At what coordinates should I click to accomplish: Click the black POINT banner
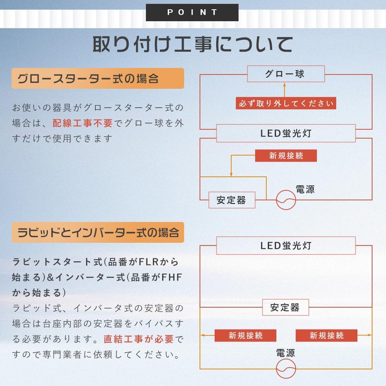tap(192, 12)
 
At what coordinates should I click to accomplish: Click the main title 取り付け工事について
tap(192, 44)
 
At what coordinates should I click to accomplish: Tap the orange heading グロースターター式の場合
tap(97, 78)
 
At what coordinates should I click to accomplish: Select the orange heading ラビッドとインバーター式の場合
tap(97, 232)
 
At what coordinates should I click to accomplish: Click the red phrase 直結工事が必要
tap(138, 339)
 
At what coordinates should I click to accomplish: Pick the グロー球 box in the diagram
tap(286, 74)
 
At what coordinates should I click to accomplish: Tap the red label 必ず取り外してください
tap(286, 103)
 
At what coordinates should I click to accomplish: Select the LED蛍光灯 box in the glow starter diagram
tap(286, 134)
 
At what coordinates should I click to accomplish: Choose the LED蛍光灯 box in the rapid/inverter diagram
tap(286, 245)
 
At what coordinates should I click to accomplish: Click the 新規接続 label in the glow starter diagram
tap(286, 156)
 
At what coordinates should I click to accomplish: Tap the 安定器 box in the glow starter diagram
tap(232, 200)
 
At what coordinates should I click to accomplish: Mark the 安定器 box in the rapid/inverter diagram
tap(285, 307)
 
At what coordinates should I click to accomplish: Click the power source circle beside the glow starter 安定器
tap(286, 200)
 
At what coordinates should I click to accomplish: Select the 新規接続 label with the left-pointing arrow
tap(245, 335)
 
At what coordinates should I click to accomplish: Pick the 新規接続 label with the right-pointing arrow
tap(327, 335)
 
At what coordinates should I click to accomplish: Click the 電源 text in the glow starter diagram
tap(305, 189)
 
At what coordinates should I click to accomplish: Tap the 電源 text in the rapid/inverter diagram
tap(286, 353)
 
